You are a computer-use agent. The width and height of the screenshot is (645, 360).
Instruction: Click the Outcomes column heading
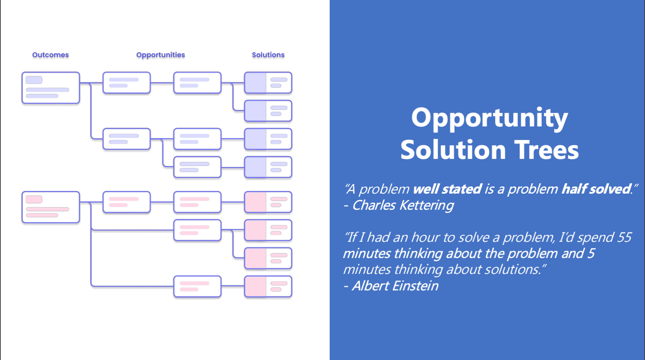(x=51, y=55)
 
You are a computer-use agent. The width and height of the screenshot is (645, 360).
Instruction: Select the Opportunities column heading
(x=160, y=55)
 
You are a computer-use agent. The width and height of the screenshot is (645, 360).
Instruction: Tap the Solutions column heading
(x=268, y=55)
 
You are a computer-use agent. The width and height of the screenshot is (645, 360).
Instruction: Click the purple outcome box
(x=51, y=88)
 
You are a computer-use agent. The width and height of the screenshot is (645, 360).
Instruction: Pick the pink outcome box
(x=51, y=207)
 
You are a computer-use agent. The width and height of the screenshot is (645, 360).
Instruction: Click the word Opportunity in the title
(x=489, y=118)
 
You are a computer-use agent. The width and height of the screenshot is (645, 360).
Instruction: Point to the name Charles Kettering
(x=403, y=205)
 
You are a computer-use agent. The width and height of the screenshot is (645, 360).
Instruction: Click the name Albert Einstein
(x=395, y=286)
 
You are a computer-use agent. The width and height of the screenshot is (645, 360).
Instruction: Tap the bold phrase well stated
(x=447, y=189)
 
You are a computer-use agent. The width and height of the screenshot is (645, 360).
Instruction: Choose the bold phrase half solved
(x=596, y=189)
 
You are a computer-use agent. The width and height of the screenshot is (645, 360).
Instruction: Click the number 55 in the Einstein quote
(x=624, y=237)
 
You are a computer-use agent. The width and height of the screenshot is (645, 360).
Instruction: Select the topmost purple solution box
(x=268, y=83)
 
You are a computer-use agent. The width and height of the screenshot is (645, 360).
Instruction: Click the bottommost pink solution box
(x=268, y=286)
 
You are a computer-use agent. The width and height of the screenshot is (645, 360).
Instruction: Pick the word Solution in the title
(x=453, y=150)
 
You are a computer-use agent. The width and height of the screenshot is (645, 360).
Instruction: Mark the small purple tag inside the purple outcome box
(x=34, y=80)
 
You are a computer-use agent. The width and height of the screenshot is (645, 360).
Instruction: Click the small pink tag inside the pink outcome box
(x=34, y=200)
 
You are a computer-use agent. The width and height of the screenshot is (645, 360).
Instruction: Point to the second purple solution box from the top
(x=268, y=111)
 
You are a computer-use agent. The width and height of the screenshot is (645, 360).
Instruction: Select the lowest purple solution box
(x=268, y=167)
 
